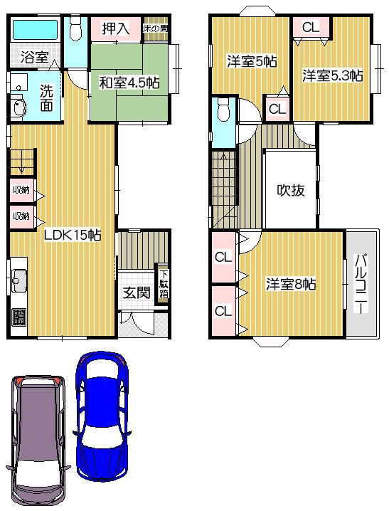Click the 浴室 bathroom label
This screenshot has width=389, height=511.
[x=33, y=57]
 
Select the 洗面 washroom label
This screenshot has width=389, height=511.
[x=46, y=97]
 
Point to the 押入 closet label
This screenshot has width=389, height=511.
[x=115, y=28]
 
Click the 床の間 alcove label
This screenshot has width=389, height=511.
[x=155, y=28]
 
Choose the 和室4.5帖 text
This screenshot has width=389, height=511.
[x=128, y=82]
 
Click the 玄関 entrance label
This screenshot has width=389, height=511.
[x=135, y=292]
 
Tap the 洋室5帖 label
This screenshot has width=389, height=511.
[x=251, y=61]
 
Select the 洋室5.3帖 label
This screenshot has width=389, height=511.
[x=332, y=75]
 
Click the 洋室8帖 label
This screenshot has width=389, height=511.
[x=292, y=284]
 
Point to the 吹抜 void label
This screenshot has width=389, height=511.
[x=291, y=190]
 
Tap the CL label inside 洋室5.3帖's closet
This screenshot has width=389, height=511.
[x=310, y=27]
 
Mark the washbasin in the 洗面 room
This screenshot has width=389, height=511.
[x=19, y=107]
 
